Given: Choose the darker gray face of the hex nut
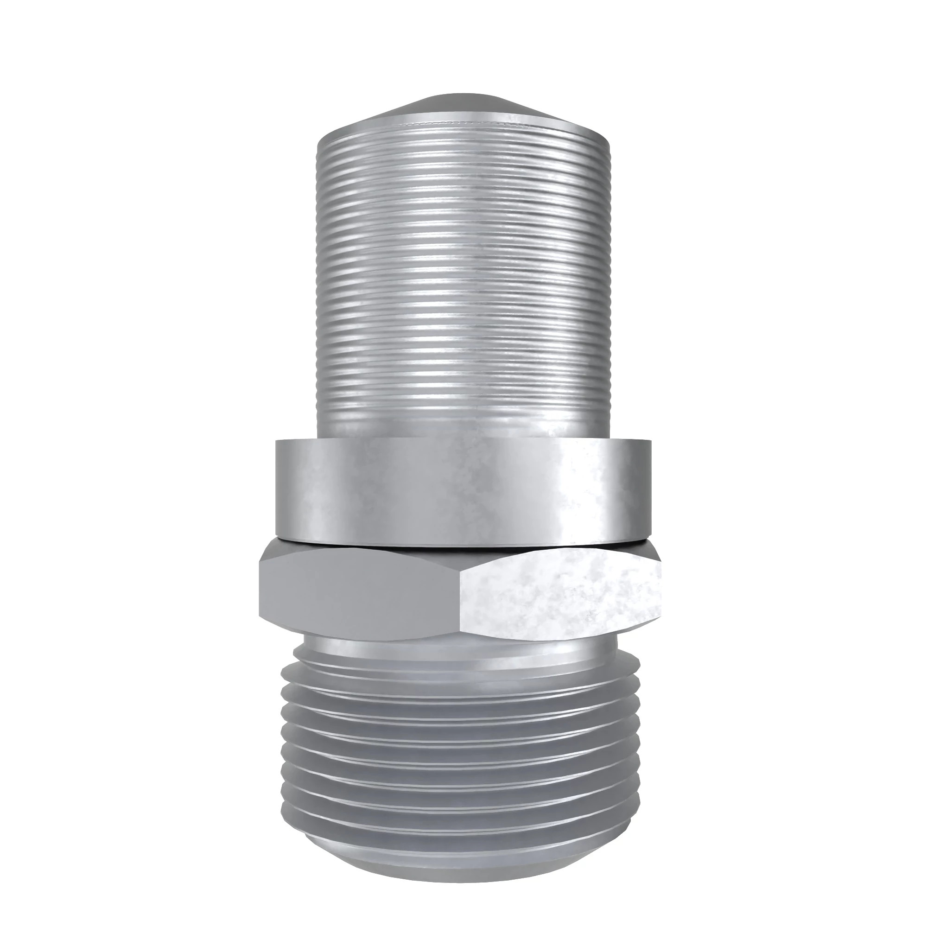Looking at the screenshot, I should click(x=360, y=595).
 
